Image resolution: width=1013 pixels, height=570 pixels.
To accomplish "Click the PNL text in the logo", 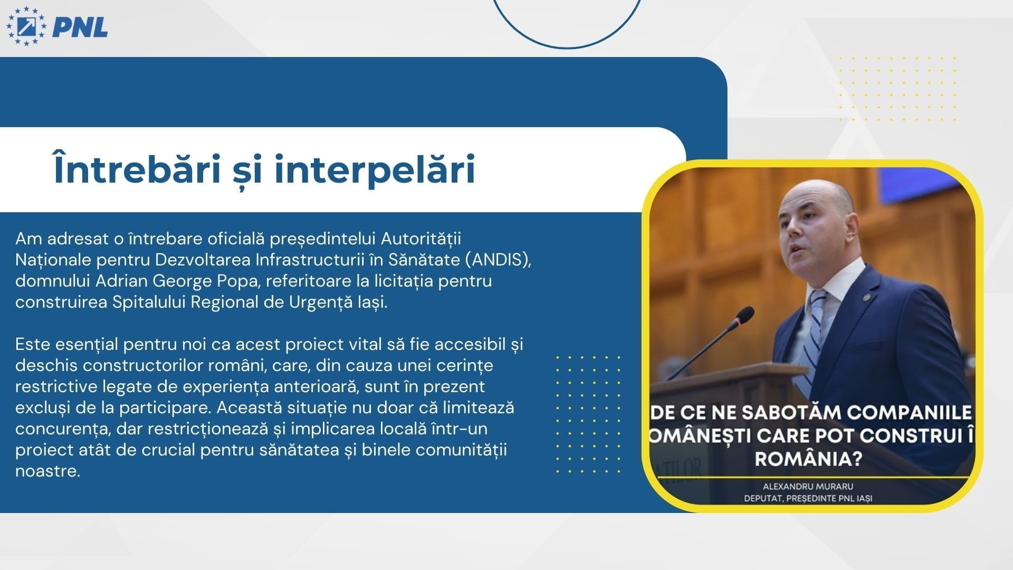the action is click(80, 27).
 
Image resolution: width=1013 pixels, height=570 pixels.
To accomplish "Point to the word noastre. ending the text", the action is click(47, 471).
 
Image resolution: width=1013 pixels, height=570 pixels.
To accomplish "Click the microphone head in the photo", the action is click(744, 316).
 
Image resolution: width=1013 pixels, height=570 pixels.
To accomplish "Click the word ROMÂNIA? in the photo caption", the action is click(808, 458).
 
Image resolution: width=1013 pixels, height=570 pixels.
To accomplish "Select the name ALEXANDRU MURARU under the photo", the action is click(808, 486).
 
